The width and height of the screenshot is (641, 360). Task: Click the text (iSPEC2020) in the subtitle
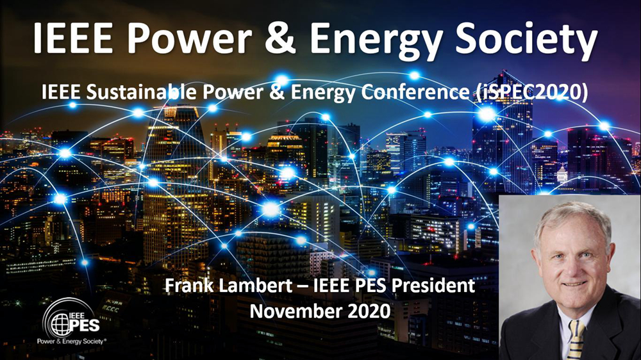point(532,93)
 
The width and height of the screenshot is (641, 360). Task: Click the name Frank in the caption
point(189,285)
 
